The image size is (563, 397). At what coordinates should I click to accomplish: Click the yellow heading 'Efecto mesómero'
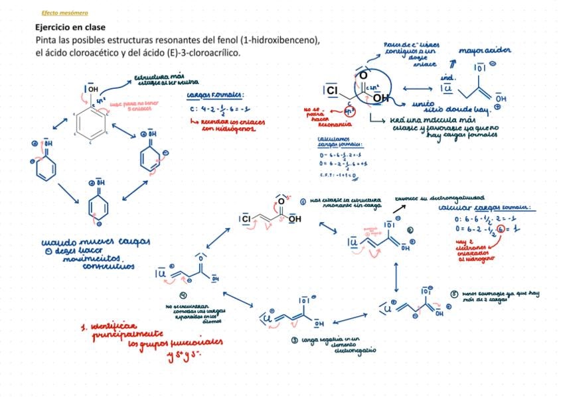tap(64, 13)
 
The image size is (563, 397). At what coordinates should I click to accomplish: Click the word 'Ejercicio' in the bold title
tap(54, 28)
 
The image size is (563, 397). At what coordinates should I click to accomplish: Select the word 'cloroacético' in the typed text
tap(88, 52)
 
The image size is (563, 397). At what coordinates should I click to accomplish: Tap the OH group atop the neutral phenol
tap(92, 88)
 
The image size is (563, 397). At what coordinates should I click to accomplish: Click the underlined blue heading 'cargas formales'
tap(216, 95)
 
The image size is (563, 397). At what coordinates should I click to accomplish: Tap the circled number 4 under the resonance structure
tap(184, 294)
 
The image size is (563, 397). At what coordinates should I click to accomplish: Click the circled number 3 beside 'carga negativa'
tap(295, 340)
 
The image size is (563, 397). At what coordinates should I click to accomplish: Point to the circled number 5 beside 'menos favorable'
tap(454, 294)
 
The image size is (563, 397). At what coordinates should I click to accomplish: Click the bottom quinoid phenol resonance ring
tap(99, 208)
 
